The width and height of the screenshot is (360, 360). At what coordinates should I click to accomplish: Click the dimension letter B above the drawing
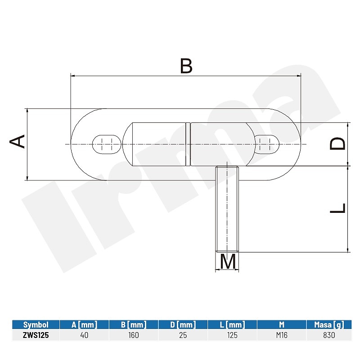(x=186, y=66)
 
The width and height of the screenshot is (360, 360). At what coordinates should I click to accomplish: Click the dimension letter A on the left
(x=17, y=141)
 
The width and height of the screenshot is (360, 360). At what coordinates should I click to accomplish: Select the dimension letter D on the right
(x=337, y=144)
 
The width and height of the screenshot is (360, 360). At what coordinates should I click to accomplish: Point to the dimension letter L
(x=337, y=208)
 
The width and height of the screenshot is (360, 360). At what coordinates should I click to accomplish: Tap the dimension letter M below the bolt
(x=228, y=261)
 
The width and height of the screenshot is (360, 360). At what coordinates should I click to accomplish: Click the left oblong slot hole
(x=107, y=144)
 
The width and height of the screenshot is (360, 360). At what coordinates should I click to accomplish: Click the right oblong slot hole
(x=267, y=144)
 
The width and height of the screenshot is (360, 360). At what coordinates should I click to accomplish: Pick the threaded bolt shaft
(x=227, y=209)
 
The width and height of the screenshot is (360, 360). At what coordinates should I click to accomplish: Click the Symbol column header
(x=36, y=324)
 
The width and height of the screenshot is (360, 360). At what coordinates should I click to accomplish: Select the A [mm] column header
(x=84, y=324)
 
